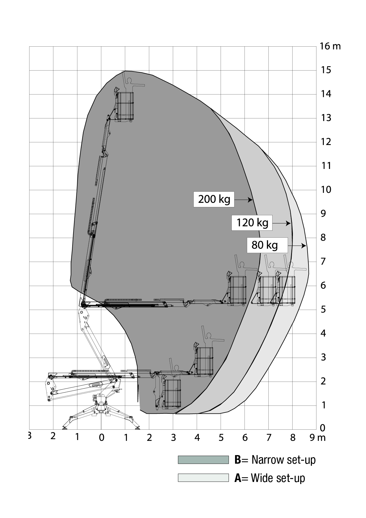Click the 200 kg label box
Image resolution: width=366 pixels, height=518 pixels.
(214, 199)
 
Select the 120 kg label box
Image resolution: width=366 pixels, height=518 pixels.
(252, 222)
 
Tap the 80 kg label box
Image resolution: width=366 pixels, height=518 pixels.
(267, 245)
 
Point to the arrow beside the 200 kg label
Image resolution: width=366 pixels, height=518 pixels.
(244, 200)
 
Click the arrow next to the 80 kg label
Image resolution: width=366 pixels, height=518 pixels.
(297, 246)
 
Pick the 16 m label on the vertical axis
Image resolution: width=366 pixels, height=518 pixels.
(330, 46)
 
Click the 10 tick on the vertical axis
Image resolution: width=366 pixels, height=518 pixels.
(326, 190)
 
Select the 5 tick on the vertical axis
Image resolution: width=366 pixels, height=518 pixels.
(323, 309)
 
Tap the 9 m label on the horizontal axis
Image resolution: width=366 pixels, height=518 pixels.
(317, 437)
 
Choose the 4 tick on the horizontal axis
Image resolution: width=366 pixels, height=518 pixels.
(197, 437)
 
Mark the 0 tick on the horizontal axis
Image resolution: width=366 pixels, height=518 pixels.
(101, 437)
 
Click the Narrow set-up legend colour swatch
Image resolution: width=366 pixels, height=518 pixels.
(203, 460)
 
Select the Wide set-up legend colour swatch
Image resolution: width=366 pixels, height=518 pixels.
(203, 478)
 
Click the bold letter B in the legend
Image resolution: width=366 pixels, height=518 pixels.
(238, 460)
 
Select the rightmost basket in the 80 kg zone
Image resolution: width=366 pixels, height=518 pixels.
(287, 290)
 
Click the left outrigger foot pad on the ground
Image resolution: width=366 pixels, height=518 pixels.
(65, 427)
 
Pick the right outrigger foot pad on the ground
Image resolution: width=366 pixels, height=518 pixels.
(137, 427)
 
